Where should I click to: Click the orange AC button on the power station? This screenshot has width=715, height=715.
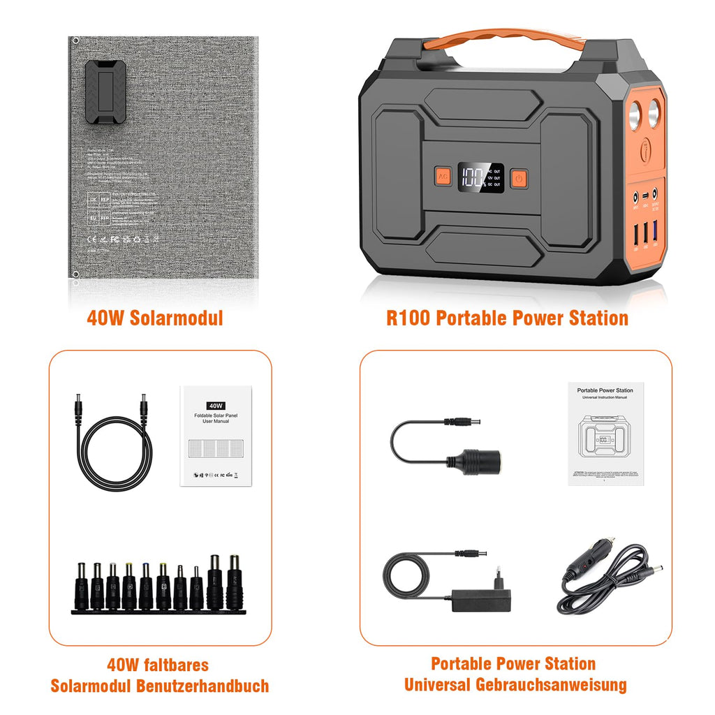pyautogui.click(x=442, y=177)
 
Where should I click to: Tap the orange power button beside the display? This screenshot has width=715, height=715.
pyautogui.click(x=518, y=178)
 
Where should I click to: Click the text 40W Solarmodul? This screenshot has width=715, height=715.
pyautogui.click(x=155, y=318)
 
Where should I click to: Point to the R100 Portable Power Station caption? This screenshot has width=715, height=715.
pyautogui.click(x=507, y=318)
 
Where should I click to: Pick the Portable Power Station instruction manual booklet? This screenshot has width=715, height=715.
pyautogui.click(x=605, y=434)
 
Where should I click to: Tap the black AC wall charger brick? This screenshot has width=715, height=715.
pyautogui.click(x=482, y=598)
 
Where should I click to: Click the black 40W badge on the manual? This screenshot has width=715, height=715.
pyautogui.click(x=216, y=405)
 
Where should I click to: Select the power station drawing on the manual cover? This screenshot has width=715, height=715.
pyautogui.click(x=605, y=440)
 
